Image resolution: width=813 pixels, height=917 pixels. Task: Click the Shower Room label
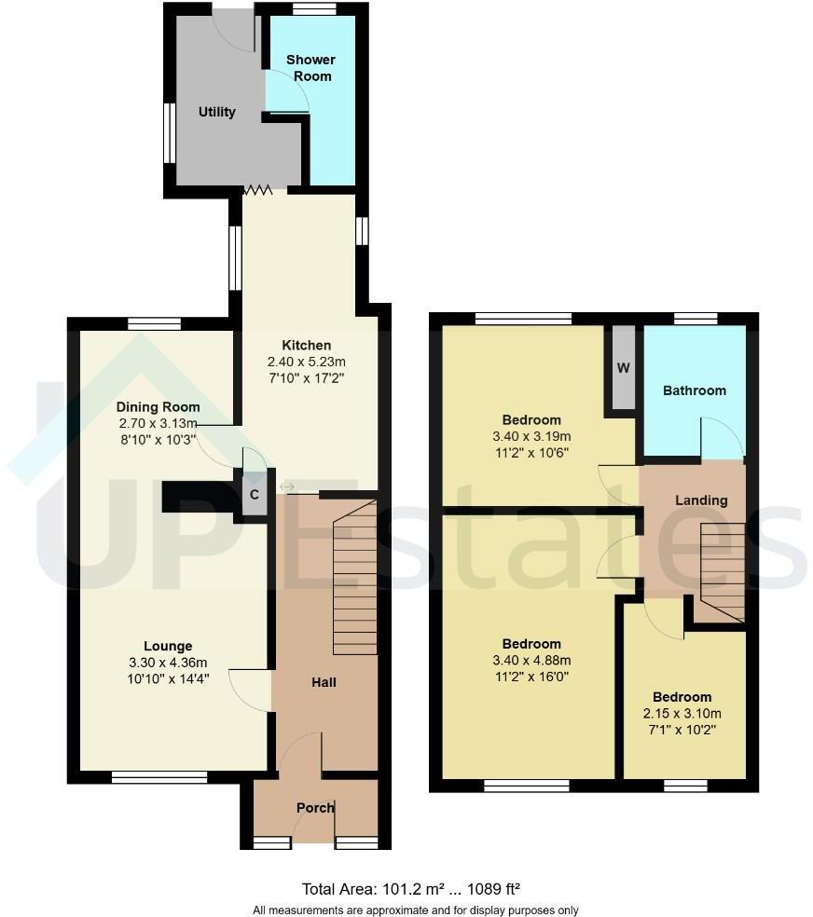point(310,68)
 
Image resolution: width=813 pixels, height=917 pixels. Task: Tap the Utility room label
point(217,112)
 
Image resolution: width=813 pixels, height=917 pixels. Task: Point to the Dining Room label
point(158,407)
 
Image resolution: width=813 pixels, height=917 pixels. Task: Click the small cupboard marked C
point(254,495)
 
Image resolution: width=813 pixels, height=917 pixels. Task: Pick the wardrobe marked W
point(623,367)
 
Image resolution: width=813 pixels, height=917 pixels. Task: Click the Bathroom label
point(694,390)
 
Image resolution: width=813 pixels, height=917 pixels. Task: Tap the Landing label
point(701,500)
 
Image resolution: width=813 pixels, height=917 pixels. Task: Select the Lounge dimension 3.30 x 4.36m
point(168,663)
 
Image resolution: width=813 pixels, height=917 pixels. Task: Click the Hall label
point(324,682)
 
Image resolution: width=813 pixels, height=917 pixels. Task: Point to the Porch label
point(315,807)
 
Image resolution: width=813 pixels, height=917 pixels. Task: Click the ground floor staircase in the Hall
point(354,578)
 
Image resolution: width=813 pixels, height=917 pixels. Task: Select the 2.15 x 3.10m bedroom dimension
point(682,713)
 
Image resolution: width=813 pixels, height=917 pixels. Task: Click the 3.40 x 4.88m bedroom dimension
point(531,660)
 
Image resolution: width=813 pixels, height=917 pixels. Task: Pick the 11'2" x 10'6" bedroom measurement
point(531,452)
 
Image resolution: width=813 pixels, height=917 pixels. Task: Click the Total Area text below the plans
point(416,888)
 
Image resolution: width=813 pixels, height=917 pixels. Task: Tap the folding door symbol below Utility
point(257,190)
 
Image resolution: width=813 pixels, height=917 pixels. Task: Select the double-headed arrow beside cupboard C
point(286,487)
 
